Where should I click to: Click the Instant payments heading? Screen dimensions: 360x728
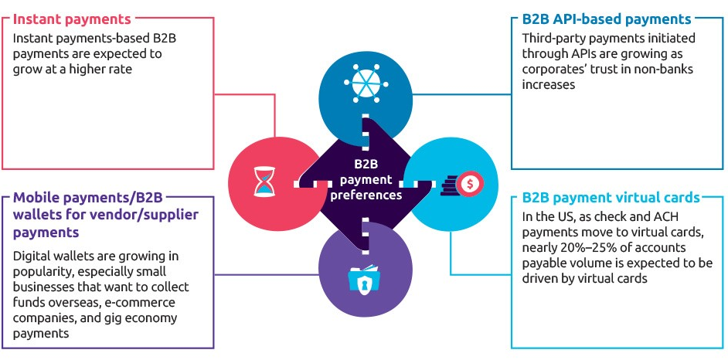[x=72, y=18]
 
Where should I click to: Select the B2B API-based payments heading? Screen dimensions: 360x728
[x=606, y=19]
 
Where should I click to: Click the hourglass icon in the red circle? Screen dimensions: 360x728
[x=265, y=182]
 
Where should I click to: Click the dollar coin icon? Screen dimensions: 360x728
[x=470, y=182]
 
